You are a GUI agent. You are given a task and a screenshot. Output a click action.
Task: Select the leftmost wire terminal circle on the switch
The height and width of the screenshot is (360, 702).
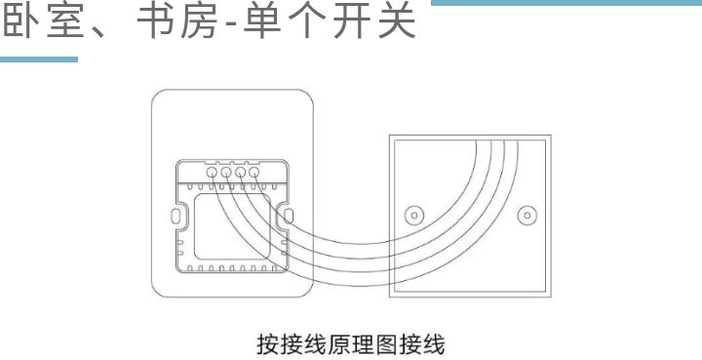click(213, 173)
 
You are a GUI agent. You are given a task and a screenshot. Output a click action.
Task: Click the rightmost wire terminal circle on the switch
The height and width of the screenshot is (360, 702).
click(253, 173)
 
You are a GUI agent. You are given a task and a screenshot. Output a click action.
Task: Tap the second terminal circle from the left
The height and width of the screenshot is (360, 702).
click(226, 173)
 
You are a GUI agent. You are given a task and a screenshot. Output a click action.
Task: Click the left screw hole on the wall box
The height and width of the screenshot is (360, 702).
click(413, 215)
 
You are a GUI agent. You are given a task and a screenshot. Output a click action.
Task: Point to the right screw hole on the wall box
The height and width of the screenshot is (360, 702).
click(526, 215)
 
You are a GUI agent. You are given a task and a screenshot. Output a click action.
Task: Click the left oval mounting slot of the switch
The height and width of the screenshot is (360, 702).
click(176, 215)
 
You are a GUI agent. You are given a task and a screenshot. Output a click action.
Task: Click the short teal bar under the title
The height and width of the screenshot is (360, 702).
click(39, 60)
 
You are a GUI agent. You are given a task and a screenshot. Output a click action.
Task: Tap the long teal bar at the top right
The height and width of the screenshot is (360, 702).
click(565, 5)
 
